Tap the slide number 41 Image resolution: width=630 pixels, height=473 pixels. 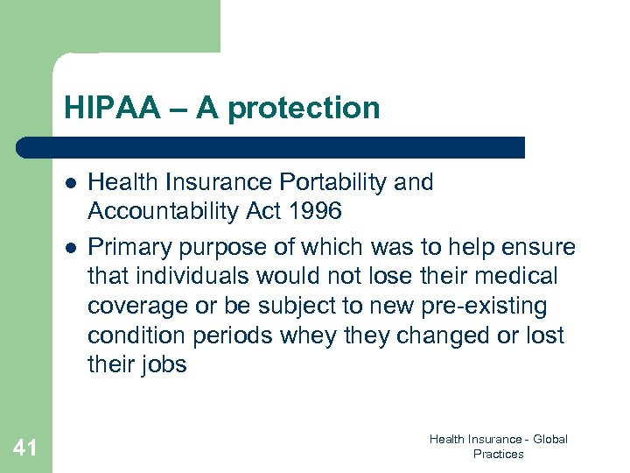(25, 448)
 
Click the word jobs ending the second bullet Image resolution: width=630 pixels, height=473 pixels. (164, 365)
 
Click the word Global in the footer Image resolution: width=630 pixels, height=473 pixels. (549, 439)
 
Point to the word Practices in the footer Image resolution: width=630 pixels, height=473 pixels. (498, 454)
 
